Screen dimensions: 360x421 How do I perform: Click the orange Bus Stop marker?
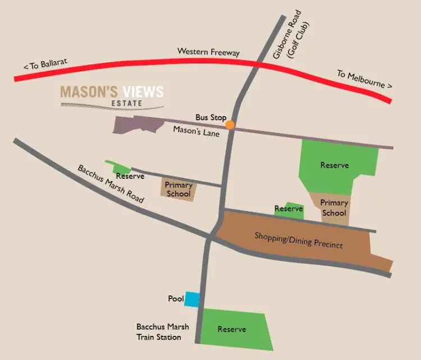point(230,125)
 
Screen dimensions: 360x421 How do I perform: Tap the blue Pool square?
point(192,299)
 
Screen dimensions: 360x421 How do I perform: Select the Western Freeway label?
point(208,52)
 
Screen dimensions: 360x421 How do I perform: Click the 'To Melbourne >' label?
point(364,80)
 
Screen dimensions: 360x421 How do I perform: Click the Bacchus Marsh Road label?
point(111,184)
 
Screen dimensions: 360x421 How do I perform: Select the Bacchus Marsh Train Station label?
point(159,331)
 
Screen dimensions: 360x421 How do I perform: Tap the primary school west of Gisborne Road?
point(179,190)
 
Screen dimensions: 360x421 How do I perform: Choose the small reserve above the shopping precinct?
point(289,209)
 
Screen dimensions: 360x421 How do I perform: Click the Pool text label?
point(176,299)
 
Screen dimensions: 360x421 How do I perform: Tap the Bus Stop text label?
point(210,118)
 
